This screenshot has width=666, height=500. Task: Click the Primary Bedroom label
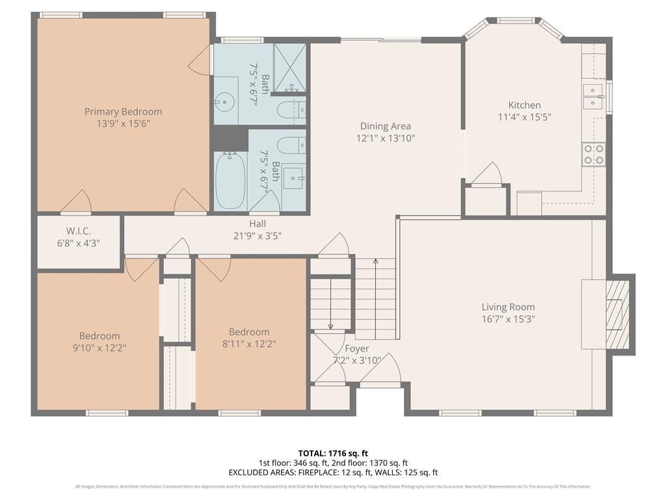pyautogui.click(x=123, y=111)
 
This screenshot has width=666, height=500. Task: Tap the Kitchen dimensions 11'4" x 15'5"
pyautogui.click(x=524, y=117)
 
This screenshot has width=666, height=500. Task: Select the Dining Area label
pyautogui.click(x=386, y=126)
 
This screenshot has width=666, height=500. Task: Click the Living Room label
pyautogui.click(x=508, y=307)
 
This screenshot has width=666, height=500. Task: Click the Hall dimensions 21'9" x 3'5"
pyautogui.click(x=257, y=236)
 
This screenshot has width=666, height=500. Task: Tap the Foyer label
pyautogui.click(x=356, y=349)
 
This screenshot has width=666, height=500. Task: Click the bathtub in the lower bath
pyautogui.click(x=230, y=180)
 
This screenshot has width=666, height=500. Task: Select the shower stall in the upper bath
pyautogui.click(x=289, y=65)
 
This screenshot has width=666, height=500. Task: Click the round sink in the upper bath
pyautogui.click(x=226, y=102)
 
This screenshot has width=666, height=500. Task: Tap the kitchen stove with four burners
pyautogui.click(x=593, y=154)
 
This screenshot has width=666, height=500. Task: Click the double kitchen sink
pyautogui.click(x=594, y=96)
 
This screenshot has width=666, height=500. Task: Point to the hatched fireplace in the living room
pyautogui.click(x=617, y=314)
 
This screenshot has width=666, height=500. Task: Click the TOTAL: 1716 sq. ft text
pyautogui.click(x=333, y=453)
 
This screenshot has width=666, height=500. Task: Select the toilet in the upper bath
pyautogui.click(x=291, y=109)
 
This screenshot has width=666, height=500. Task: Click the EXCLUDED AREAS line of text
pyautogui.click(x=333, y=473)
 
